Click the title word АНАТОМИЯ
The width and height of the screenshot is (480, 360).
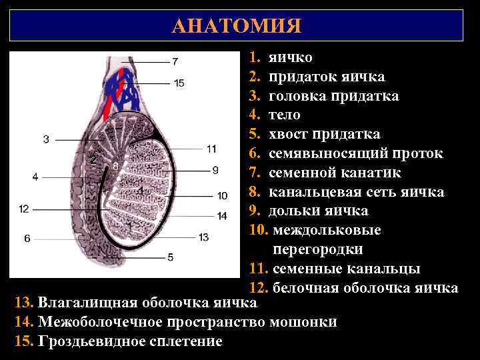point(236,26)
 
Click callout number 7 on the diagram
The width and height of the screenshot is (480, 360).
point(175,62)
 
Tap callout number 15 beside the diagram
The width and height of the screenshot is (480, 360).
point(179,83)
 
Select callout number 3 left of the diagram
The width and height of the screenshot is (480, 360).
point(46,139)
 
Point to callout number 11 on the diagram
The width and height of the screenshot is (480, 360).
point(212,148)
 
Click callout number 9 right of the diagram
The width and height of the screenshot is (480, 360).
point(215,170)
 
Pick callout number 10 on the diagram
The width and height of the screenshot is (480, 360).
point(222,195)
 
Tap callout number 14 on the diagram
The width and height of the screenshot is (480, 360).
point(222,215)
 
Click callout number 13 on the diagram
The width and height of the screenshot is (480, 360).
point(204,237)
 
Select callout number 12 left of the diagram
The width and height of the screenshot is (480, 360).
point(24,209)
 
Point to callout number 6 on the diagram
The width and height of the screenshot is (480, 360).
point(27,238)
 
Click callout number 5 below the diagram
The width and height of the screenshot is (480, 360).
point(171,257)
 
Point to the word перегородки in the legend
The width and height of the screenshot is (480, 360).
point(317,250)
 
